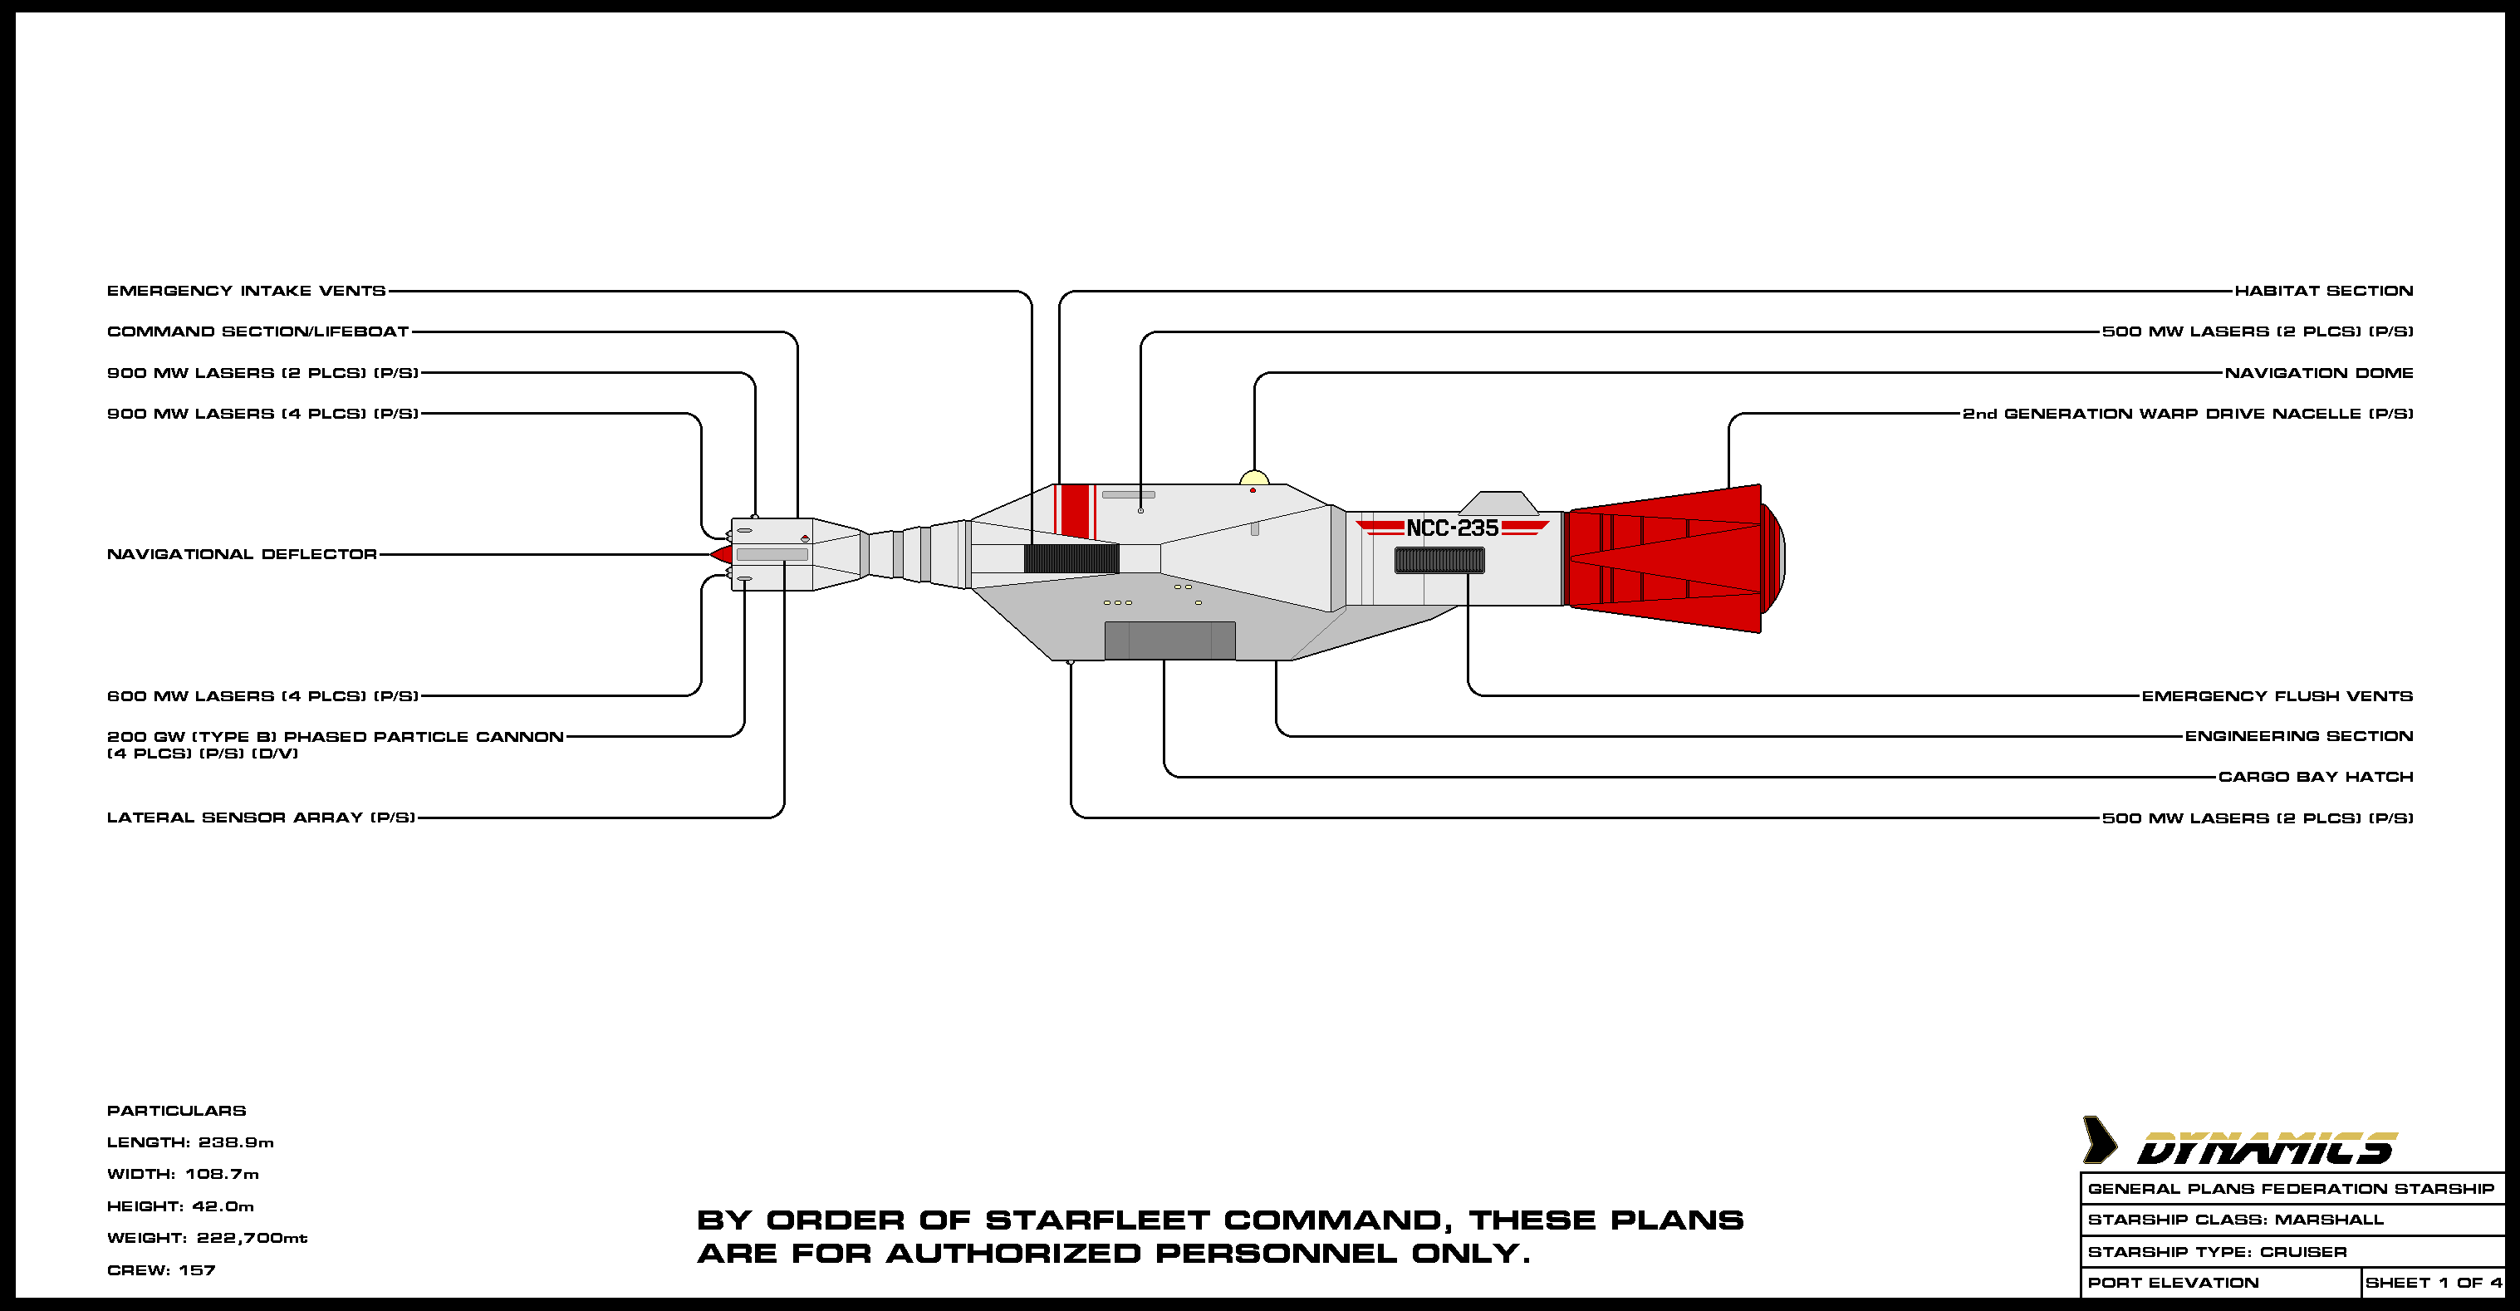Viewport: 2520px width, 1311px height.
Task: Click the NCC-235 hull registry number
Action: [1452, 528]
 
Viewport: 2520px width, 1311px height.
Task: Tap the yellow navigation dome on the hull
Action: [1254, 479]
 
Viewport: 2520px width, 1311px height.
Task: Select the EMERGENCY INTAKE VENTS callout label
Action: [246, 291]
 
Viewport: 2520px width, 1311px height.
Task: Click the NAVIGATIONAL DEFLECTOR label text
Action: [242, 554]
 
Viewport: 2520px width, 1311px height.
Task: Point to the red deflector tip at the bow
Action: [722, 555]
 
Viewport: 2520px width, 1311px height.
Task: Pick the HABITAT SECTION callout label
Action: [2323, 291]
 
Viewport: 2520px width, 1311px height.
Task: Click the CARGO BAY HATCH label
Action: [2316, 777]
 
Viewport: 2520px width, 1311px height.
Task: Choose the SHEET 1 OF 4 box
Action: [2433, 1283]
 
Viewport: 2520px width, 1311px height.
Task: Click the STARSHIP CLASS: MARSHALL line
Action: [2235, 1220]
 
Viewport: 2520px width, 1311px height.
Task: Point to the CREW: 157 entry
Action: [160, 1270]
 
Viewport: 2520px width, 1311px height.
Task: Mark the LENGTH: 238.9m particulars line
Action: [189, 1142]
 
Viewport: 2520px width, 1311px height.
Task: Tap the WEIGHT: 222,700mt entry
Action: [207, 1238]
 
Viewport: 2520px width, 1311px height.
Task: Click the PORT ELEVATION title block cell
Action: [2173, 1283]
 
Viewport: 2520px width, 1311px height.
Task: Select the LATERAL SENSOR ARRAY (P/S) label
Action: [261, 817]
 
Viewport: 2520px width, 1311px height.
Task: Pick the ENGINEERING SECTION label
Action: [2299, 736]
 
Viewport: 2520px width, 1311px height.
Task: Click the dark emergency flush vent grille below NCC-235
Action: [1439, 561]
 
